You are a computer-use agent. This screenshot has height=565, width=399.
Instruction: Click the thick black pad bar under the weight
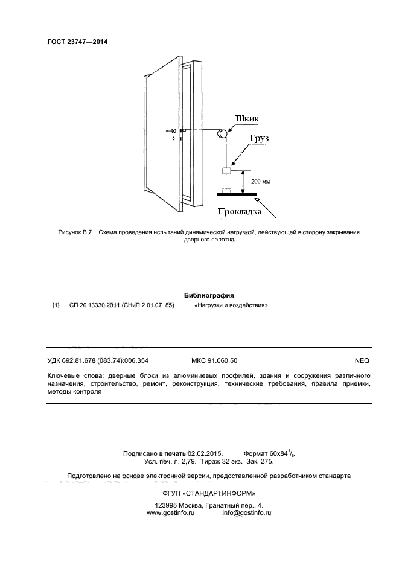click(x=236, y=194)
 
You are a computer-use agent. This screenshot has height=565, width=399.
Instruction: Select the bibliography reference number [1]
click(x=56, y=305)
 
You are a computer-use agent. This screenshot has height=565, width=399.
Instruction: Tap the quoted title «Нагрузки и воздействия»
click(x=232, y=305)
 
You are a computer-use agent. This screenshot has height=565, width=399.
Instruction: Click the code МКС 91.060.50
click(x=214, y=360)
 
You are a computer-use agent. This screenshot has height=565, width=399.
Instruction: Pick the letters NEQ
click(x=362, y=360)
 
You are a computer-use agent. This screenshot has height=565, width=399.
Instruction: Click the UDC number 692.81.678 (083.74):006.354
click(x=105, y=360)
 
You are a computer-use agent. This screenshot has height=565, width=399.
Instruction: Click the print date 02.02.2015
click(x=205, y=452)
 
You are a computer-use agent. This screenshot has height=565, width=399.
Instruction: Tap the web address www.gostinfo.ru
click(x=171, y=512)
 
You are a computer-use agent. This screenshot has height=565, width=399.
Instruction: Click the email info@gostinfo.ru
click(x=247, y=512)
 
